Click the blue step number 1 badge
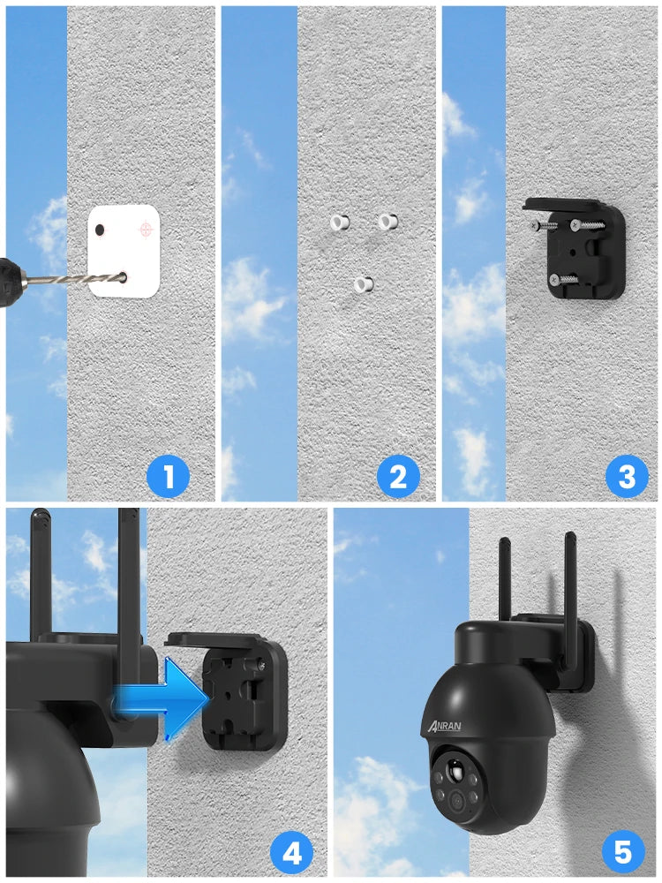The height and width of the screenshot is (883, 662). tap(168, 478)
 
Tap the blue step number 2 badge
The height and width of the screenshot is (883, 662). tap(398, 478)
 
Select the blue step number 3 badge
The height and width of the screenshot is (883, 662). tap(627, 478)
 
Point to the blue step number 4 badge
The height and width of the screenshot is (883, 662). tap(291, 853)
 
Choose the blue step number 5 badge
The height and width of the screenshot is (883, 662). tap(623, 853)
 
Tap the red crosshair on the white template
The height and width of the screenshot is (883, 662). tap(146, 230)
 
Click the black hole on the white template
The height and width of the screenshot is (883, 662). tap(101, 230)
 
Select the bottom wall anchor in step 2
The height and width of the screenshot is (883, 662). tap(362, 284)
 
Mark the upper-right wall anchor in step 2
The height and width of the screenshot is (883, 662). tap(387, 222)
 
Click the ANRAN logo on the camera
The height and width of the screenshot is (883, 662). tap(451, 726)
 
